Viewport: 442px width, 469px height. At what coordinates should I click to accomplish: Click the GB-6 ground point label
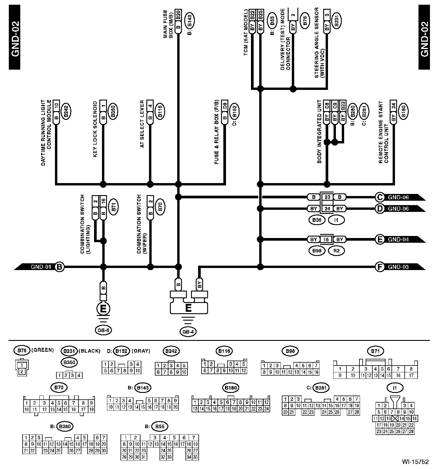click(x=103, y=330)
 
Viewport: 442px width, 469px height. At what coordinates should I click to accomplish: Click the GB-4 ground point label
click(x=188, y=332)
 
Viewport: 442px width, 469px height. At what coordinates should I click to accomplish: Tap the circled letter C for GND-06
click(x=380, y=197)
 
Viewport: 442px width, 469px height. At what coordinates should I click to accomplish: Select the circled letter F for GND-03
click(x=380, y=267)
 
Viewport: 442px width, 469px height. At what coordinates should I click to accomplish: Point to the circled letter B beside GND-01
click(x=60, y=267)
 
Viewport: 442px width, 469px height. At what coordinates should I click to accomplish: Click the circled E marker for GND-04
click(x=380, y=239)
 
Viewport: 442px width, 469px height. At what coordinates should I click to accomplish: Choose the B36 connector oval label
click(x=317, y=220)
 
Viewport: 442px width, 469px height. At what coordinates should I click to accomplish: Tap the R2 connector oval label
click(x=336, y=251)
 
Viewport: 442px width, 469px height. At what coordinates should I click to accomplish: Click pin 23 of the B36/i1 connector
click(x=327, y=197)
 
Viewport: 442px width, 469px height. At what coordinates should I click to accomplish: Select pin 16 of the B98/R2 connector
click(x=326, y=239)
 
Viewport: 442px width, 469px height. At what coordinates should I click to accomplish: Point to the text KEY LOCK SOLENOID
click(x=95, y=129)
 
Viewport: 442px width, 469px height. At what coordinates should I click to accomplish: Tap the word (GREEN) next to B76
click(x=42, y=350)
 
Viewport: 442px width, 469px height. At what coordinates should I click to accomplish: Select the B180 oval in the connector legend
click(x=231, y=388)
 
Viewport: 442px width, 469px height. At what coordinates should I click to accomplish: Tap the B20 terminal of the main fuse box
click(x=178, y=14)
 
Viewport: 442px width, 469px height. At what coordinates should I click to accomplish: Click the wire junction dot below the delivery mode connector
click(x=293, y=88)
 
